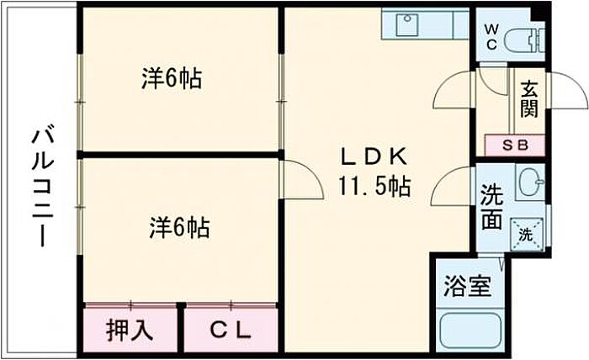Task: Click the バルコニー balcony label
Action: pyautogui.click(x=39, y=186)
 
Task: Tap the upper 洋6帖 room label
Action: pyautogui.click(x=171, y=80)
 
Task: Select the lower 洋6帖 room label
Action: pyautogui.click(x=179, y=226)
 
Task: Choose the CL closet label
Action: pyautogui.click(x=230, y=330)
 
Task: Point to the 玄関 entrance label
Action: pyautogui.click(x=528, y=98)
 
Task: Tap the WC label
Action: pyautogui.click(x=491, y=36)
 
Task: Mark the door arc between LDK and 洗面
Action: pyautogui.click(x=450, y=186)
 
